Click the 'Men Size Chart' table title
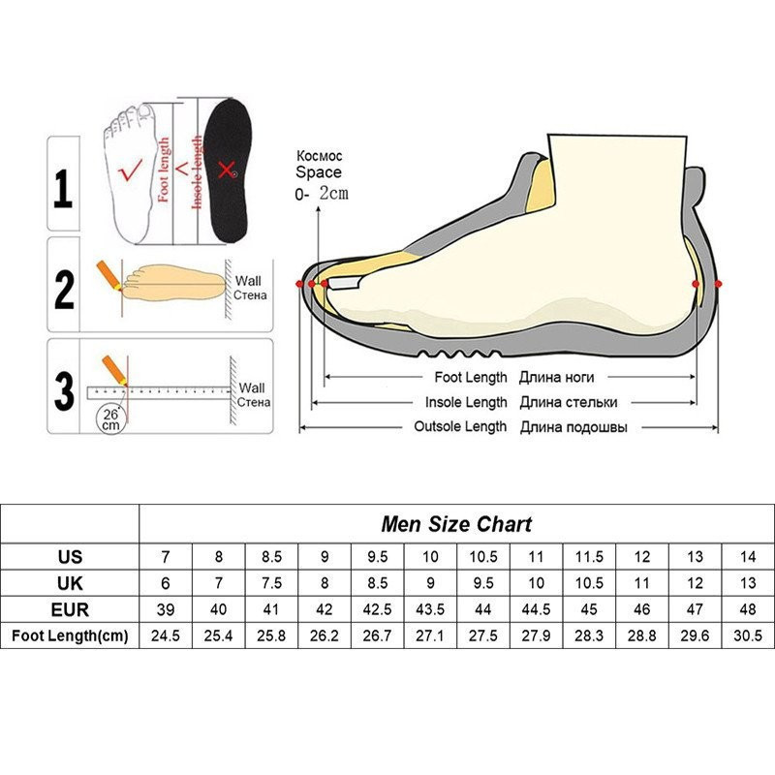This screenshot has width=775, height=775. coord(456,524)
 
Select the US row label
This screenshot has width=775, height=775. coord(70,557)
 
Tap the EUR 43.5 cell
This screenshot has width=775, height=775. coord(430,609)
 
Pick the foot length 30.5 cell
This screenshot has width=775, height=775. coord(748,635)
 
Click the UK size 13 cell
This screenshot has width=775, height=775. coord(748,583)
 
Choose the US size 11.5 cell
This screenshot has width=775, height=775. coord(589,557)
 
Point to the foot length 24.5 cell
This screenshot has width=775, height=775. coord(166,635)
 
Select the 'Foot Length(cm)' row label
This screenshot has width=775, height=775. coord(70,635)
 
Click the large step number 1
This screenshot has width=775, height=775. coord(63,188)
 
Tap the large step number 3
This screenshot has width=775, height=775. coord(64,391)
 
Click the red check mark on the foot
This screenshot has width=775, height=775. coord(130,170)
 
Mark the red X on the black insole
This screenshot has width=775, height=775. coord(227,170)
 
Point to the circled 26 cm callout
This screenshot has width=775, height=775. coord(110,419)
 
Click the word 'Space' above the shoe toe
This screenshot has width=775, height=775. coord(319,172)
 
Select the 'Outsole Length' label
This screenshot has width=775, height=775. coord(460,426)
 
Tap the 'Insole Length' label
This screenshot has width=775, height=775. coord(466,402)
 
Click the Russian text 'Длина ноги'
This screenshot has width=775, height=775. coord(556,378)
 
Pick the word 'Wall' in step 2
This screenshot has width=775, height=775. coord(248,281)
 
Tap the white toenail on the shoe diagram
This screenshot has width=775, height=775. coord(343,283)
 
